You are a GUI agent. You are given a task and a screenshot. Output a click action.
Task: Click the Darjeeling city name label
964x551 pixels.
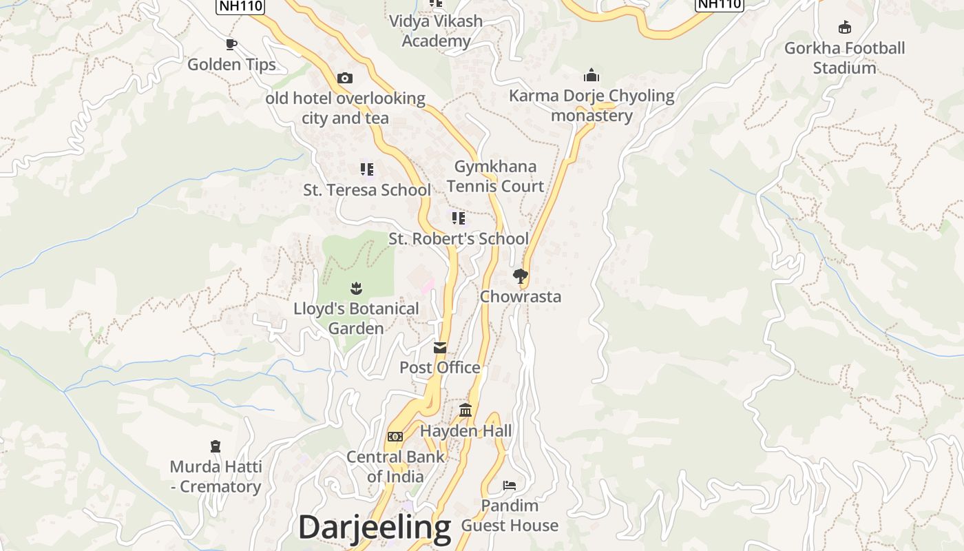[x=374, y=528]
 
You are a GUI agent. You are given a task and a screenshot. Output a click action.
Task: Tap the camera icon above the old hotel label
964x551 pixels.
[x=345, y=78]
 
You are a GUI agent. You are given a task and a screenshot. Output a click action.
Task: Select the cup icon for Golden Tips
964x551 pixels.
[x=231, y=45]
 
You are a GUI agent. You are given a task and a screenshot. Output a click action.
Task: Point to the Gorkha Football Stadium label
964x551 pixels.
[x=844, y=58]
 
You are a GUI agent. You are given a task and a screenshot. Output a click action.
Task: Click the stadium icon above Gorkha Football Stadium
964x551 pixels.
[x=845, y=28]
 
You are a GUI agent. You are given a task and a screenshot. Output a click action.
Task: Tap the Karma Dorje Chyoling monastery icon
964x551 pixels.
[x=591, y=75]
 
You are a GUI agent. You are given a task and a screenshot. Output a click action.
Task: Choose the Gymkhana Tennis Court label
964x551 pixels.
[x=495, y=176]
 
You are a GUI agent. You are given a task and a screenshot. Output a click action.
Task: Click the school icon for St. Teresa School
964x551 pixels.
[x=367, y=169]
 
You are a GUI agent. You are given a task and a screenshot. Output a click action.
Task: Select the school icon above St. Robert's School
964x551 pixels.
[x=458, y=218]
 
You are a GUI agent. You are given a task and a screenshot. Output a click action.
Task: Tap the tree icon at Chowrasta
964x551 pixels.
[x=521, y=276]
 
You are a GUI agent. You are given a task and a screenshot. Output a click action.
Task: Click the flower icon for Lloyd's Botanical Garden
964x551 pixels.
[x=356, y=288]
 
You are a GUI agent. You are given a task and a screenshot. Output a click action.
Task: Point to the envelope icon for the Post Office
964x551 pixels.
[x=440, y=348]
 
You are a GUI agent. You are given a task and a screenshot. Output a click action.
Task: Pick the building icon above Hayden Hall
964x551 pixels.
[x=465, y=410]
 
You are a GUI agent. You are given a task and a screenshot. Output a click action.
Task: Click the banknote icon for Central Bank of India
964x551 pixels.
[x=395, y=437]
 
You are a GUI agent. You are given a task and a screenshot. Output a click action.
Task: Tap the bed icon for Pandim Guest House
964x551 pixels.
[x=510, y=486]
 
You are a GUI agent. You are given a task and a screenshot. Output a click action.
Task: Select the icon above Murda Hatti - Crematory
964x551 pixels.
[x=216, y=446]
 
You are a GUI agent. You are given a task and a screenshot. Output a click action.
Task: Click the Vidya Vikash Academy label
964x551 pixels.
[x=436, y=31]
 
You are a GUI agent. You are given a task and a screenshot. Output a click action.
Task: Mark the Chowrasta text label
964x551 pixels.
[x=521, y=297]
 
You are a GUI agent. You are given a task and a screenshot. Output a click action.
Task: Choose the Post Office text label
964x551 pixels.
[x=440, y=368]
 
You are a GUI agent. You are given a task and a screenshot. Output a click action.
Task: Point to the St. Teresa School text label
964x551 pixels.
[x=367, y=190]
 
